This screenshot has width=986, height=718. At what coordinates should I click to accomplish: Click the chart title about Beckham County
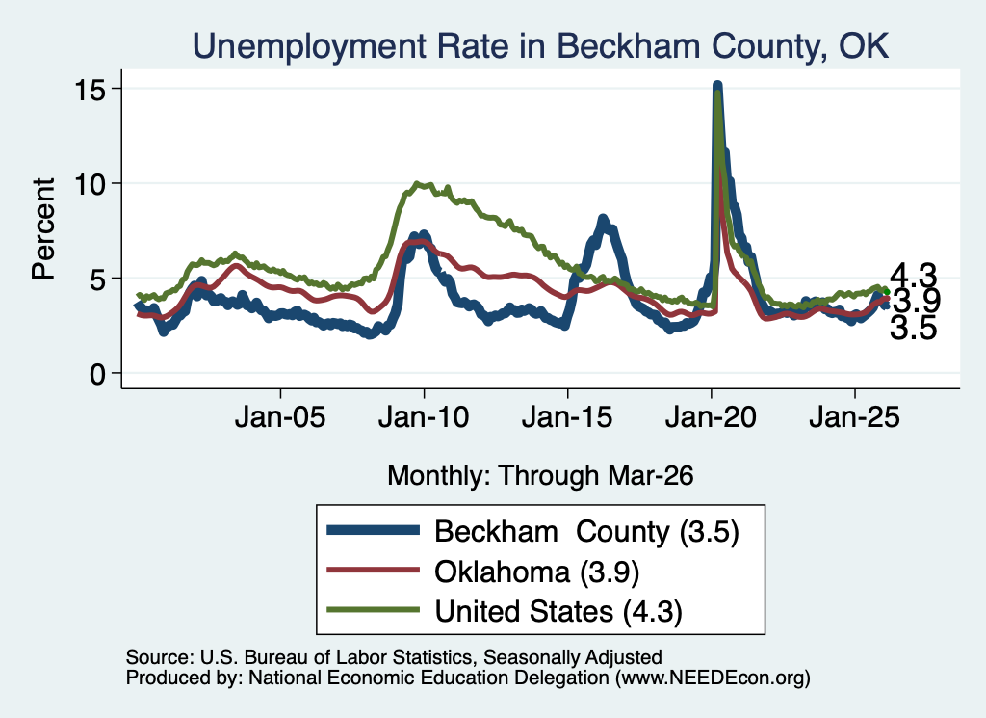click(541, 46)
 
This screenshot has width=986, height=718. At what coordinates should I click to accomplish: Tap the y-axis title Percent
click(43, 228)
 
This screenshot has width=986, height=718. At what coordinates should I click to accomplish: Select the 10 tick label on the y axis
click(90, 184)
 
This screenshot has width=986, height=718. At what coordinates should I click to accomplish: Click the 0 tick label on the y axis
click(97, 374)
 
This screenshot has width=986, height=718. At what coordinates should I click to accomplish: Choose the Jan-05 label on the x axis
click(280, 417)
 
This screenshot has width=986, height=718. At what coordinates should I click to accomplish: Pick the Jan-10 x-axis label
click(424, 417)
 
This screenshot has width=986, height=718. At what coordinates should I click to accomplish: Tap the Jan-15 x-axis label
click(567, 417)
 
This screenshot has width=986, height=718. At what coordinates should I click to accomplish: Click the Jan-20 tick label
click(712, 417)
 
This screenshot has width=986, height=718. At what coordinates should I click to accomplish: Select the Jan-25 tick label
click(855, 417)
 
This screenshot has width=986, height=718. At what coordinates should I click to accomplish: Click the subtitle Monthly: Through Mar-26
click(540, 475)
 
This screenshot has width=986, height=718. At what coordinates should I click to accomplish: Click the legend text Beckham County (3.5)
click(586, 532)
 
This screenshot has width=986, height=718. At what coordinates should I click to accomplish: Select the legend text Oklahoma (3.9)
click(537, 572)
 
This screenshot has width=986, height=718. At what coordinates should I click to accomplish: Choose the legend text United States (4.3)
click(558, 611)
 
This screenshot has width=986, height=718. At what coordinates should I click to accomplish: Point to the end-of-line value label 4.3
click(913, 275)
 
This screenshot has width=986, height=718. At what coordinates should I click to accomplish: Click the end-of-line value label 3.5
click(913, 328)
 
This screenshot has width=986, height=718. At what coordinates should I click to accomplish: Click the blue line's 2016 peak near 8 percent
click(603, 220)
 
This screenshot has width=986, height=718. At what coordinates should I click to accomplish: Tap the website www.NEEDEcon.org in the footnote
click(712, 678)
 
